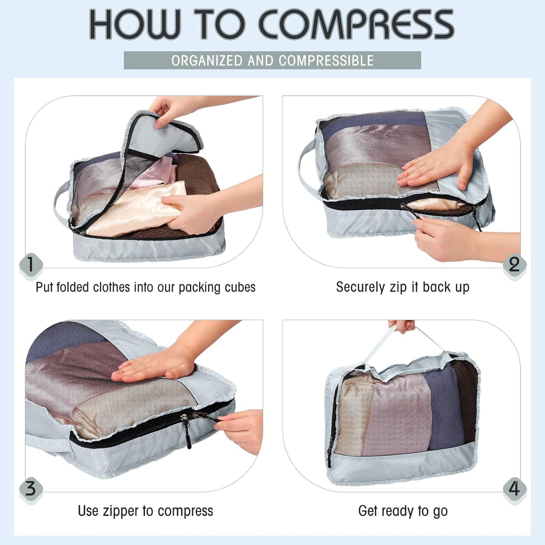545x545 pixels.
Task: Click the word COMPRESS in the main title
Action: [356, 25]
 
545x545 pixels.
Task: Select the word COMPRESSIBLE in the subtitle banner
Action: [326, 61]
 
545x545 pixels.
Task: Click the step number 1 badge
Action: [31, 264]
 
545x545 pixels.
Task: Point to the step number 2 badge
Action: [514, 264]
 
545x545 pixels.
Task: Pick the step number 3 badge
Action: [31, 489]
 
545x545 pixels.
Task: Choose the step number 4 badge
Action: [514, 489]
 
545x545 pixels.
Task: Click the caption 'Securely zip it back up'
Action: [402, 287]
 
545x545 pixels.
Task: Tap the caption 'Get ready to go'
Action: [402, 511]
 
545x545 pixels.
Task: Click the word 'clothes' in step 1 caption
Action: [113, 287]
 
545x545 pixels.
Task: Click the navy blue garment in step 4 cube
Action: [445, 407]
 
